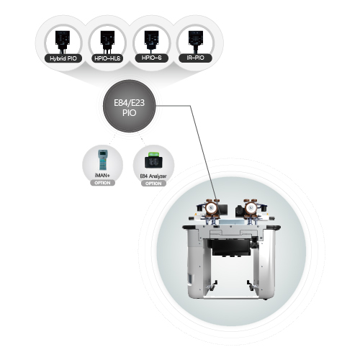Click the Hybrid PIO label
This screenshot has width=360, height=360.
click(x=63, y=58)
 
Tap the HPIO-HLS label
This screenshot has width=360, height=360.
click(x=107, y=58)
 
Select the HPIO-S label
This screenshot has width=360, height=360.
click(x=151, y=58)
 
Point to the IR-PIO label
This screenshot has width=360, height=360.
click(x=195, y=58)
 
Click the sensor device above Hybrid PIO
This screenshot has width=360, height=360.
click(x=63, y=42)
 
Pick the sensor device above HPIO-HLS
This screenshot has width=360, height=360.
click(x=107, y=42)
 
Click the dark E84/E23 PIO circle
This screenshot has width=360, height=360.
click(x=130, y=106)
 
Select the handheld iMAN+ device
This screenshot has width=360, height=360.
click(x=103, y=160)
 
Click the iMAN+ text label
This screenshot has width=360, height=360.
click(x=102, y=176)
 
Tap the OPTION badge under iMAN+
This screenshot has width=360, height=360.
click(x=102, y=183)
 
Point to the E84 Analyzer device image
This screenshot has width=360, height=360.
click(x=153, y=161)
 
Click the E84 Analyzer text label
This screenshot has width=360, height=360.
click(x=153, y=176)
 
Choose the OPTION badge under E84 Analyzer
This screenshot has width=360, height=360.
click(x=153, y=184)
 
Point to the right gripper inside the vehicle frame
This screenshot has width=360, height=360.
click(x=252, y=286)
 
